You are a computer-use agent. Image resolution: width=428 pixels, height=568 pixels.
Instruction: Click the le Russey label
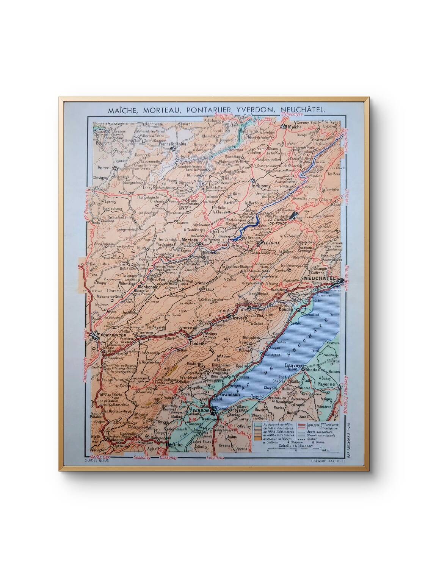(x=260, y=186)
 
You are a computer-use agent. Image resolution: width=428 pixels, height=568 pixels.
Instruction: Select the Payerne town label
(x=326, y=384)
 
